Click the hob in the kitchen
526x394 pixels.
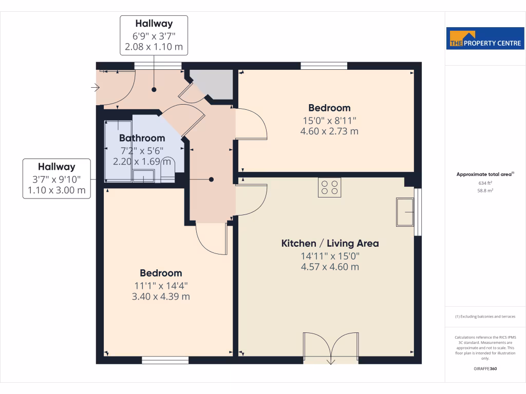tap(329, 187)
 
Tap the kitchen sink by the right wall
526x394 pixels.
tap(405, 211)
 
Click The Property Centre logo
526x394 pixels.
tap(485, 38)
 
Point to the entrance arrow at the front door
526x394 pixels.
tap(95, 88)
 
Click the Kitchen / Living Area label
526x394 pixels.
tap(330, 243)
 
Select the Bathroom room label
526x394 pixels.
tap(142, 138)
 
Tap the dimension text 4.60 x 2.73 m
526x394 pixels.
tap(329, 131)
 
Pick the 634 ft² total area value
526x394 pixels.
tap(485, 183)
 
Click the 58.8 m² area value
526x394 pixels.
tap(485, 190)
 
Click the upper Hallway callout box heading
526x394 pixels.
tap(154, 24)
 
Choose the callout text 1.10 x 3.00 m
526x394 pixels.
tap(57, 190)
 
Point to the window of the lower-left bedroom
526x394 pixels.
tap(165, 361)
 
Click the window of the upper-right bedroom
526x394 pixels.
tap(324, 65)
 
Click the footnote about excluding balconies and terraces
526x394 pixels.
tap(485, 317)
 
